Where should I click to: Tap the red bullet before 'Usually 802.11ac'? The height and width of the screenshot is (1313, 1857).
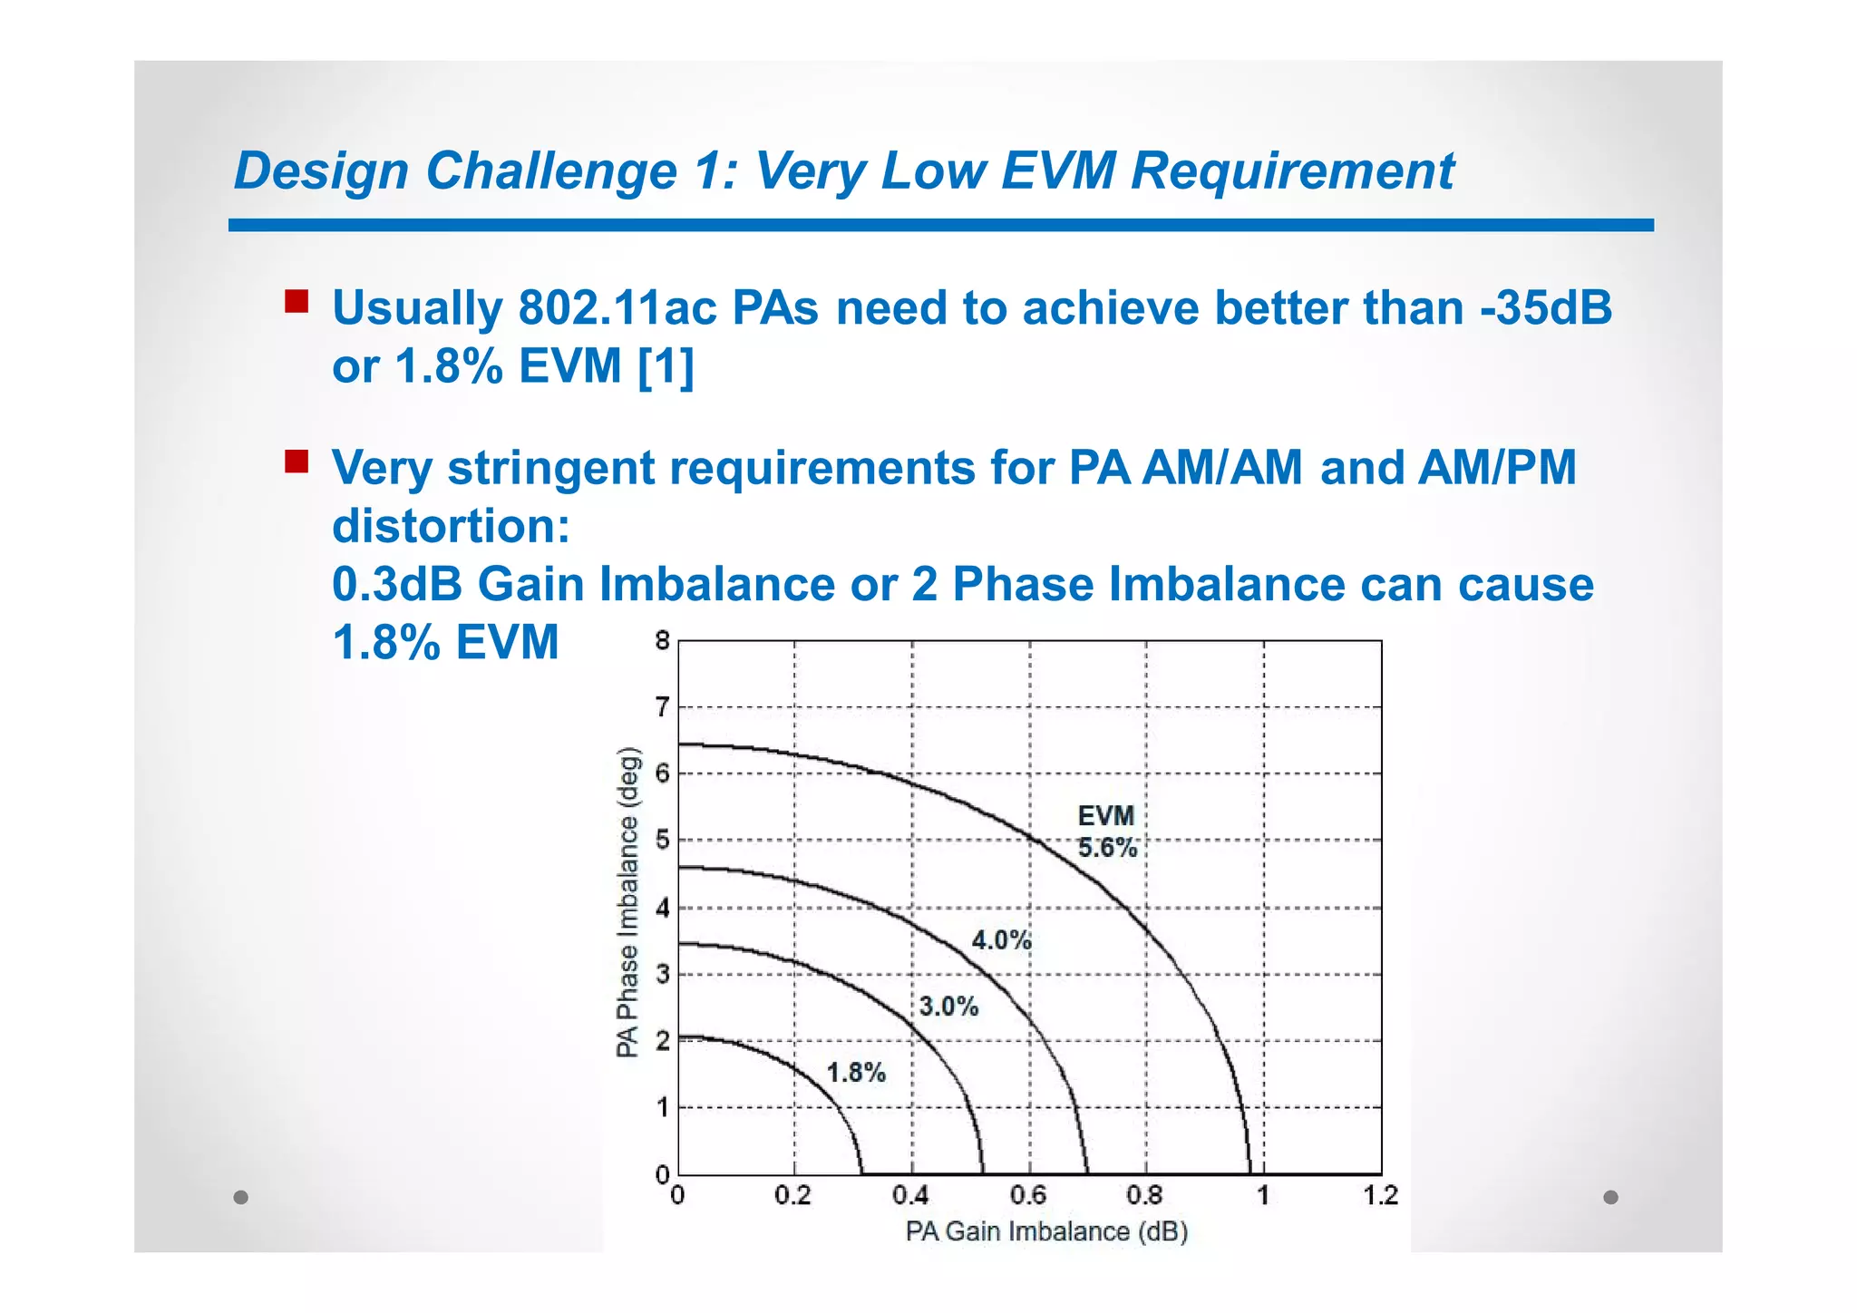click(297, 301)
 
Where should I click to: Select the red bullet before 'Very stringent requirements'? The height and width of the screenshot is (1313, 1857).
click(297, 462)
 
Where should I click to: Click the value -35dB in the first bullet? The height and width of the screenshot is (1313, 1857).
click(1546, 308)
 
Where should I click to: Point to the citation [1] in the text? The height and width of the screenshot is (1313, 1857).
click(666, 367)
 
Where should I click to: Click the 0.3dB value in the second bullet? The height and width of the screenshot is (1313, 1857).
click(396, 584)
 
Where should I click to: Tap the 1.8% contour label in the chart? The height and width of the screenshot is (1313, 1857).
click(855, 1073)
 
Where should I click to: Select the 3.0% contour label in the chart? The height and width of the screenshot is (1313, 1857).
click(948, 1007)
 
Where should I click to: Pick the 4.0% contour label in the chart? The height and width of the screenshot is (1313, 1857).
click(1001, 940)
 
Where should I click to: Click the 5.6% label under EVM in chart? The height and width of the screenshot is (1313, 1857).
click(1106, 848)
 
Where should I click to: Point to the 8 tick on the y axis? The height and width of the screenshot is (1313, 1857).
click(663, 641)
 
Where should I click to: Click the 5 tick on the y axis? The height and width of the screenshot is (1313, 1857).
click(663, 841)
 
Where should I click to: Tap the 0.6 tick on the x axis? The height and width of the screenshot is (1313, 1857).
click(1028, 1196)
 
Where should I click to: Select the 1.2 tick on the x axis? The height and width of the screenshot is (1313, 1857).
click(1380, 1196)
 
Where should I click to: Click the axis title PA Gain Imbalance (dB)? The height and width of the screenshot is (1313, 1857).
click(1046, 1231)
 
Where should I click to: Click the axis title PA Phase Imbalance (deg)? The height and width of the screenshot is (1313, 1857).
click(627, 902)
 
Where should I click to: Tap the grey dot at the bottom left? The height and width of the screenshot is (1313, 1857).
click(241, 1197)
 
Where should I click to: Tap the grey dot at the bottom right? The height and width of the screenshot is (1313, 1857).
click(1610, 1197)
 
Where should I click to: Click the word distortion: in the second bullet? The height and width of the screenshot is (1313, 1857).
click(451, 526)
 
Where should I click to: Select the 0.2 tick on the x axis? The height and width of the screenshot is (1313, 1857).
click(793, 1196)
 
